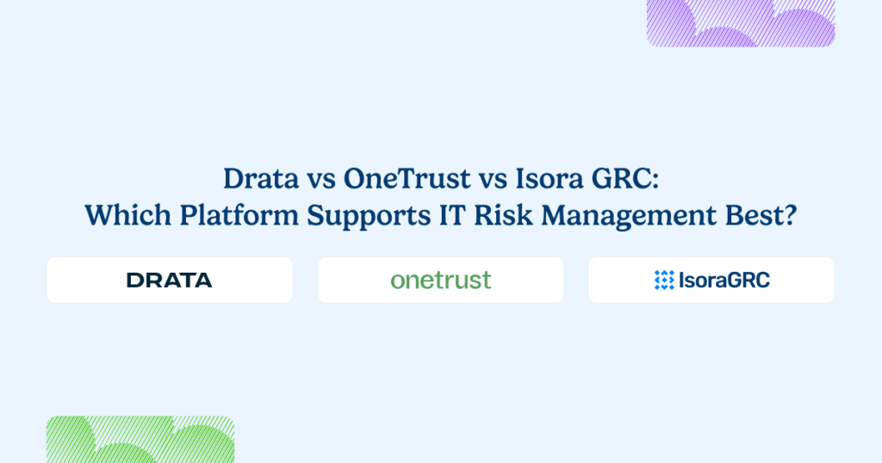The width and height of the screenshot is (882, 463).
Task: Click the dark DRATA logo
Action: click(x=169, y=280)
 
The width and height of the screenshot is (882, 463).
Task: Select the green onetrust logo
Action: click(x=440, y=280)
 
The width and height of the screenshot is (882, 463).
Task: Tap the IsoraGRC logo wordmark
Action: click(x=724, y=280)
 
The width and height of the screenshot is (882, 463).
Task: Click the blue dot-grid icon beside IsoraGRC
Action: click(x=664, y=280)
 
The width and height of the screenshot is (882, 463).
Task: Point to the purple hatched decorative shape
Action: click(x=741, y=22)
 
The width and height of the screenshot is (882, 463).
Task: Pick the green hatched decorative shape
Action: click(x=140, y=440)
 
